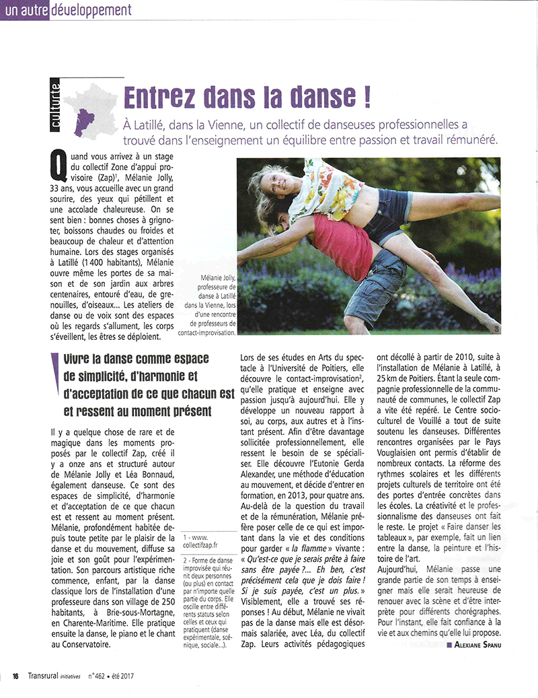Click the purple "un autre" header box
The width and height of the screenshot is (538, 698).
(25, 10)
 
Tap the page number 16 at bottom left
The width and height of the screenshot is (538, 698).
(14, 676)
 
